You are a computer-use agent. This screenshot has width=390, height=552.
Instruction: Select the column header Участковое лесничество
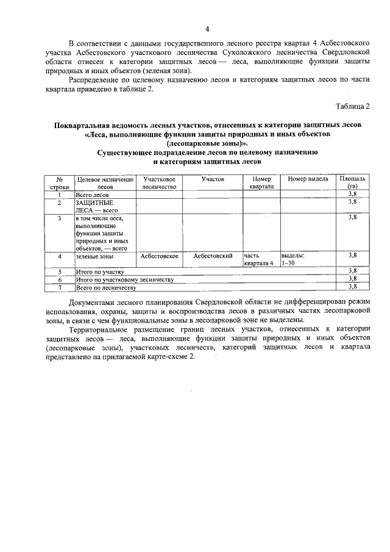tap(159, 183)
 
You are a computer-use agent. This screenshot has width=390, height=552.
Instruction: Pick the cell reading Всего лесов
tap(92, 194)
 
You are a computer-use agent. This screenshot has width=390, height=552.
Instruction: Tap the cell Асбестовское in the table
tap(159, 256)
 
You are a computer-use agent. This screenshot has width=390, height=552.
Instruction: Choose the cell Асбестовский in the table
tap(213, 256)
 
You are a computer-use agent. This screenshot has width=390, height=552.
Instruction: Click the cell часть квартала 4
tap(259, 260)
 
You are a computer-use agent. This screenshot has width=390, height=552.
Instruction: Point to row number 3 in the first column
tap(59, 217)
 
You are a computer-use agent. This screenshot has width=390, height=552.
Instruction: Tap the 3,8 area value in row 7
tap(352, 286)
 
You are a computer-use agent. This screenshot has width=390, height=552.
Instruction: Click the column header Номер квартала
tap(261, 183)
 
